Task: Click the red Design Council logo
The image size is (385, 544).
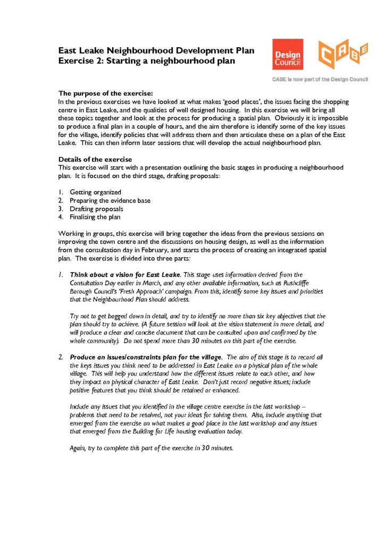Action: [x=288, y=54]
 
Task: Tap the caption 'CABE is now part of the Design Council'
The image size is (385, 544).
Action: [x=321, y=79]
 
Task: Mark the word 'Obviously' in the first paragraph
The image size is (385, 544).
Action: [x=291, y=118]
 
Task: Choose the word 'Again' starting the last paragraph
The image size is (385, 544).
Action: [x=79, y=448]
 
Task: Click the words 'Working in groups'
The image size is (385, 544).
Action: [x=83, y=233]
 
